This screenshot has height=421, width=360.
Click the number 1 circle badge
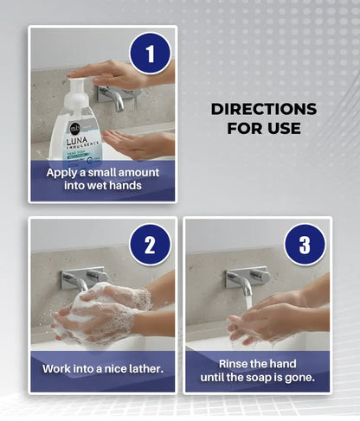[151, 54]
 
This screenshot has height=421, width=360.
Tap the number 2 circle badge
[151, 245]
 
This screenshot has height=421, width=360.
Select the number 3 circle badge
[305, 245]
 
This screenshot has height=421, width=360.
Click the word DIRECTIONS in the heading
[264, 109]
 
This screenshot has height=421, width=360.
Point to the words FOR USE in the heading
[264, 129]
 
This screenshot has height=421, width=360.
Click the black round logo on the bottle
[75, 128]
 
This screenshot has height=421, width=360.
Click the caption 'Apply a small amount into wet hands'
[102, 179]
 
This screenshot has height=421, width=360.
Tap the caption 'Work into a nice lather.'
[102, 368]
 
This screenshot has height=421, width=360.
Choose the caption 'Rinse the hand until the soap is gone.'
[257, 368]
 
